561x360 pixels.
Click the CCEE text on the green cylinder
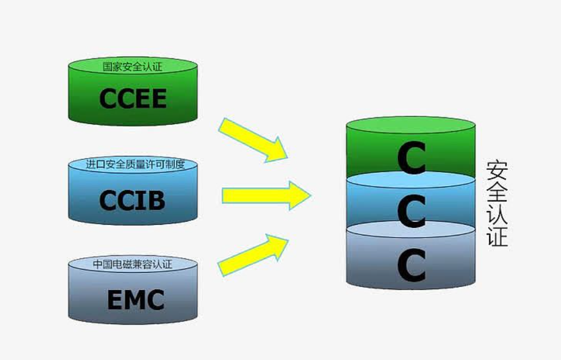pos(133,99)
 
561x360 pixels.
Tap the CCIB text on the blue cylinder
pos(132,200)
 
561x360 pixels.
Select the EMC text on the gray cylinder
pos(136,300)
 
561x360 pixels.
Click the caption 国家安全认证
pos(133,66)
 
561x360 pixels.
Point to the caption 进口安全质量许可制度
pos(133,165)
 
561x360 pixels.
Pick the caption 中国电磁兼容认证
pos(133,264)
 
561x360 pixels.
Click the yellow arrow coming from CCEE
pos(253,139)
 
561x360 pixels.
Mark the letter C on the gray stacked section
pos(411,265)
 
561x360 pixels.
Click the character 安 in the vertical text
pos(497,170)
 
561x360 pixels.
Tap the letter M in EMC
pos(135,300)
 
